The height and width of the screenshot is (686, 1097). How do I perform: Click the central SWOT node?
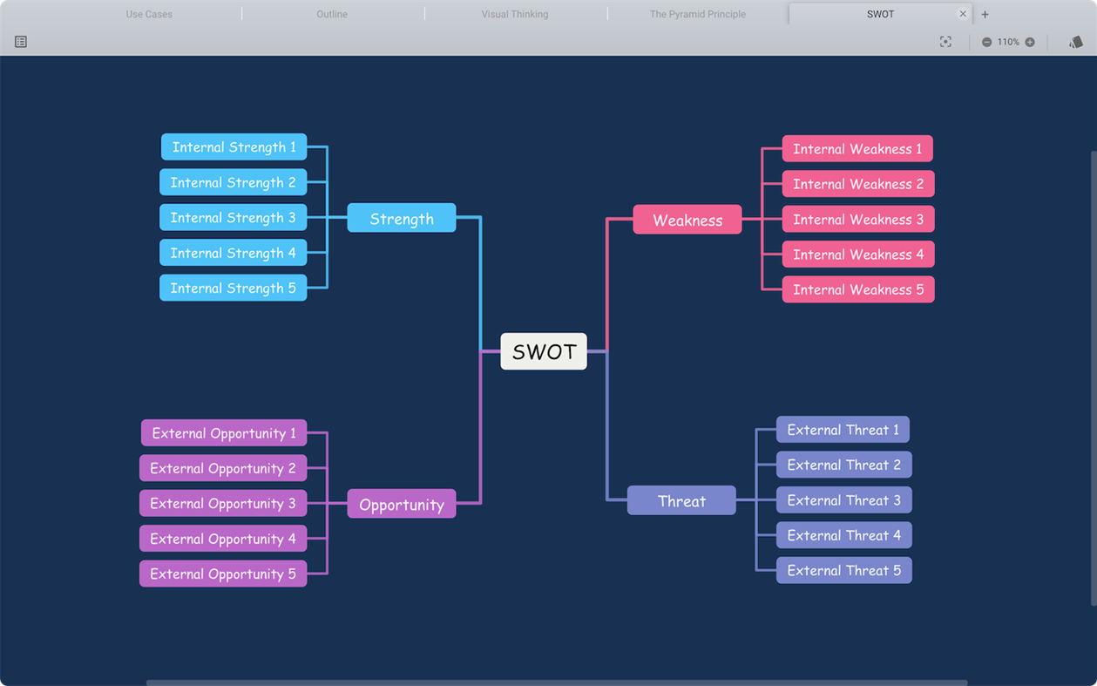(x=544, y=351)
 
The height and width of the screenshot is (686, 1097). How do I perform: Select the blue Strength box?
(x=402, y=218)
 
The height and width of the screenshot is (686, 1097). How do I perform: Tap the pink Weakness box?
(x=687, y=220)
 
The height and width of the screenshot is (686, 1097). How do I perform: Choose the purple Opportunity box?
(x=402, y=504)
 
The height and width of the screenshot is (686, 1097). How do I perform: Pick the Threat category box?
(x=681, y=500)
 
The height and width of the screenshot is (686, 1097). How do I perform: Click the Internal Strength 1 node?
(x=234, y=147)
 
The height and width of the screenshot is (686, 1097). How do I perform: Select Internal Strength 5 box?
(x=234, y=288)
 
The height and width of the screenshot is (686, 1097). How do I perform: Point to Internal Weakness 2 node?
(x=858, y=184)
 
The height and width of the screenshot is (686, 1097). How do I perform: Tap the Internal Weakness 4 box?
(x=858, y=255)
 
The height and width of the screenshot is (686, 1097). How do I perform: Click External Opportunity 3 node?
(x=223, y=503)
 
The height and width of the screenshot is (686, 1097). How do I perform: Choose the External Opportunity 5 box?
(x=223, y=574)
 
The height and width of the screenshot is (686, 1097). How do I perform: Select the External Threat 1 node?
(x=843, y=430)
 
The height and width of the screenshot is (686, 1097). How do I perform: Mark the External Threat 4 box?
(x=843, y=535)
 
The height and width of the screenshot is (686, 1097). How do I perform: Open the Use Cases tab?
(x=149, y=14)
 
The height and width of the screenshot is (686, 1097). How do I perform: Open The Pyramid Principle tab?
(x=697, y=14)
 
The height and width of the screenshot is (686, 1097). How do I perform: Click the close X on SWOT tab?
(x=963, y=14)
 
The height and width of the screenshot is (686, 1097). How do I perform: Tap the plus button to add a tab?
(x=985, y=14)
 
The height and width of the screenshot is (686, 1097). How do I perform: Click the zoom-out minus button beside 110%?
(x=987, y=42)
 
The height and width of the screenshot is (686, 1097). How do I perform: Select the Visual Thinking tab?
(x=515, y=14)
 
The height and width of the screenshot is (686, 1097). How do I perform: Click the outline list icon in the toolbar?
(x=21, y=42)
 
